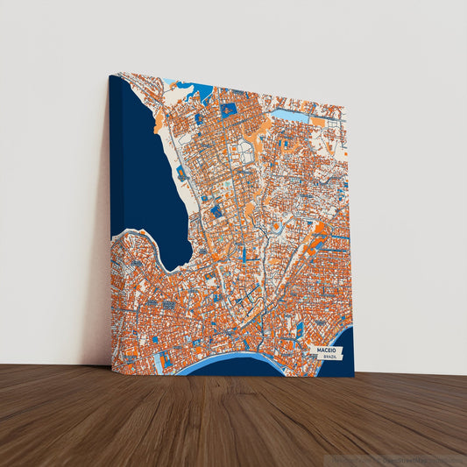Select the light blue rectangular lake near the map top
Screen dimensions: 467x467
[x=289, y=115]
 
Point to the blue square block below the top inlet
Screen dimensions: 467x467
[x=229, y=110]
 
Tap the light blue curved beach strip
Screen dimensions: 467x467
[x=237, y=359]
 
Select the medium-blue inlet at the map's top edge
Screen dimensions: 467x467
[x=202, y=87]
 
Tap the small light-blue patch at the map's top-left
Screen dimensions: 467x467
[x=169, y=82]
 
